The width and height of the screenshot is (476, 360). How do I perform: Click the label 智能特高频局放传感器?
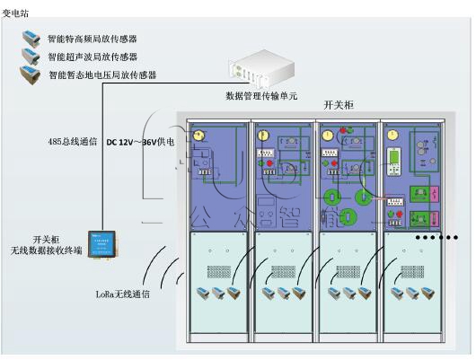(93, 40)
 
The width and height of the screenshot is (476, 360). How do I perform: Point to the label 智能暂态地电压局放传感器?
(102, 75)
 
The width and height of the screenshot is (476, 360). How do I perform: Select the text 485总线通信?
(72, 142)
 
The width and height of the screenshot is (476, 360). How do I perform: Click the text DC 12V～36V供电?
(141, 142)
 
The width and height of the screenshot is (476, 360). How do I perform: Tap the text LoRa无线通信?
(123, 293)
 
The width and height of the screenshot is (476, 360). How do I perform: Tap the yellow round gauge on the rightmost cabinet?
(392, 135)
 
